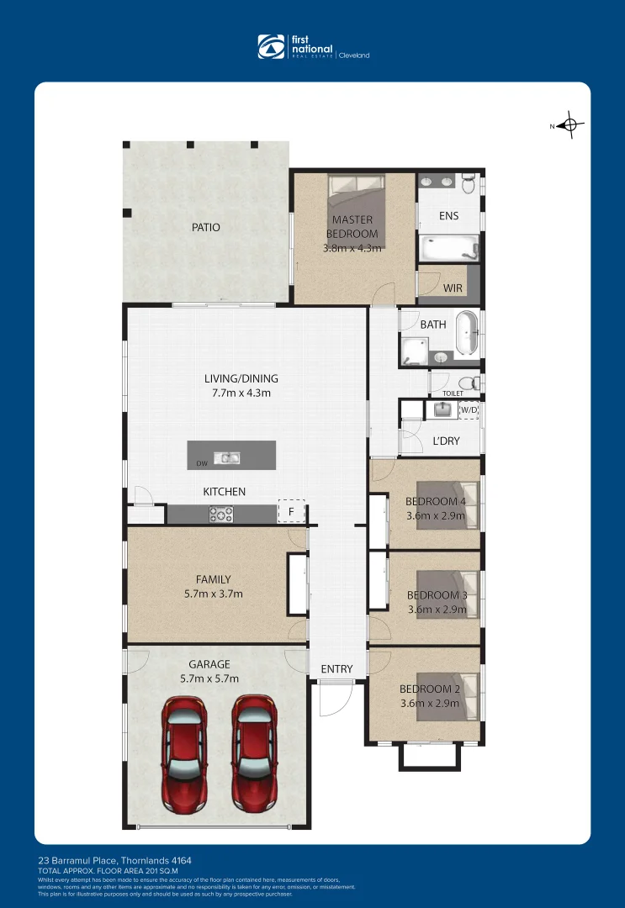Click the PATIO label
point(206,227)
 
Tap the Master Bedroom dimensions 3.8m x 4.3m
point(352,248)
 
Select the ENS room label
point(449,216)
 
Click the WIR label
point(453,288)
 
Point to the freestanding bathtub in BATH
point(467,333)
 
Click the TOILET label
point(453,393)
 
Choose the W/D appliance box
point(469,410)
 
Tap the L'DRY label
point(446,441)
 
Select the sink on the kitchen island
point(226,457)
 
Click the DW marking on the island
point(202,463)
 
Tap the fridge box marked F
point(291,511)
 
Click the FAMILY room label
point(213,579)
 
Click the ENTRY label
point(336,669)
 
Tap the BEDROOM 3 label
point(437,595)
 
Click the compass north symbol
point(570,126)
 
